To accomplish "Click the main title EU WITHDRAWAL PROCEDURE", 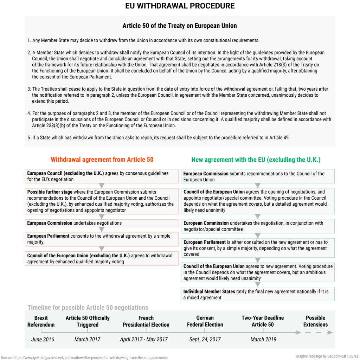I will [x=180, y=6].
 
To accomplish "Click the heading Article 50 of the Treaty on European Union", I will [x=180, y=26].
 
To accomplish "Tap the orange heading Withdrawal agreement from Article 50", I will [x=102, y=160].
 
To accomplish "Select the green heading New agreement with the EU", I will [x=256, y=160].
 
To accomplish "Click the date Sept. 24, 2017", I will [x=205, y=339].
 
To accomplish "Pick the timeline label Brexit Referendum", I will [x=41, y=321].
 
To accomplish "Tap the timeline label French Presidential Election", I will [x=146, y=321].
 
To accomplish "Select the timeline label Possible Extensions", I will [x=315, y=321].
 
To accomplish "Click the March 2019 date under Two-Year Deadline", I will [x=263, y=339].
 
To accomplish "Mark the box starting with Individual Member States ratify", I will [x=258, y=294].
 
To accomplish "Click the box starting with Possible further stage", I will [x=102, y=201].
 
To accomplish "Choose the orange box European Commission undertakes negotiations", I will [x=102, y=223].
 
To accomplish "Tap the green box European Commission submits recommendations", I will [x=258, y=176].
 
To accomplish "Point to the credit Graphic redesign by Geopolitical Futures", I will [x=327, y=356].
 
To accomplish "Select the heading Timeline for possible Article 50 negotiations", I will [x=88, y=308].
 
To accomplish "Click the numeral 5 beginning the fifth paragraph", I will [x=29, y=138].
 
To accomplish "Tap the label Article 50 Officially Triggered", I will [x=88, y=321].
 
